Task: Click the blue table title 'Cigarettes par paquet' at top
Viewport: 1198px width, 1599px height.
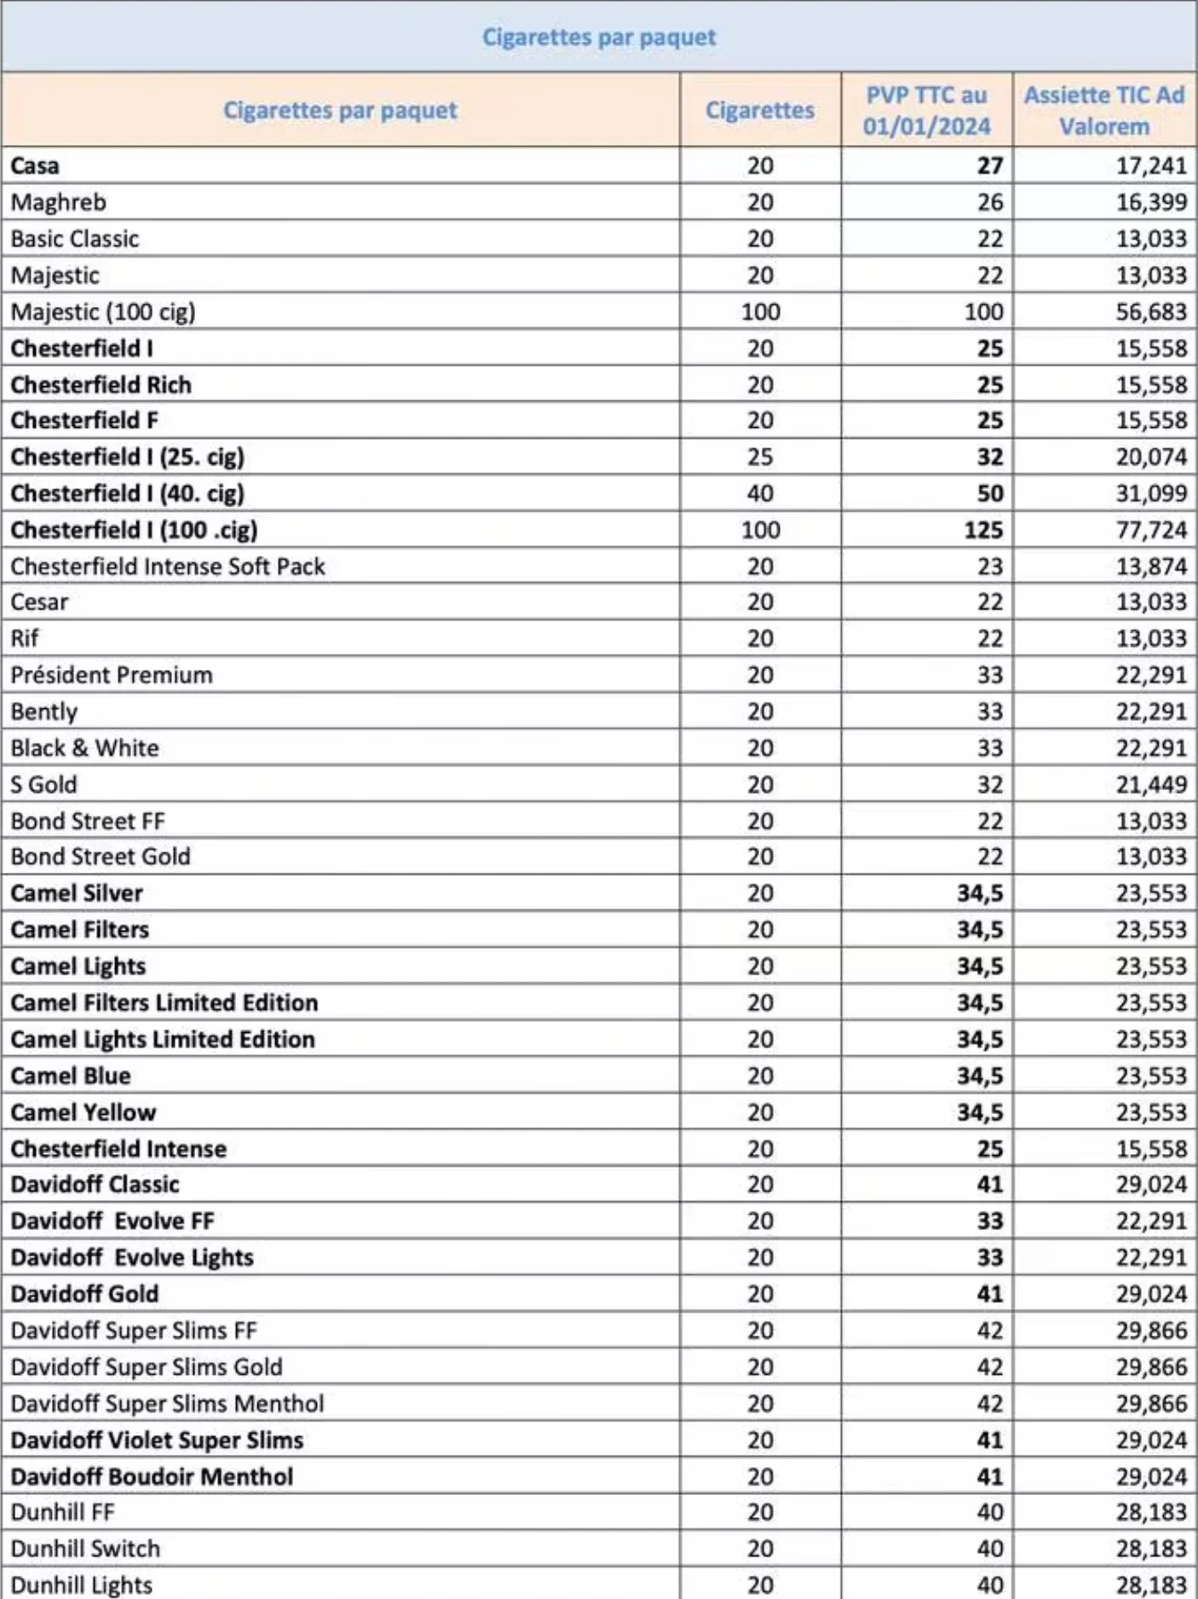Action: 599,37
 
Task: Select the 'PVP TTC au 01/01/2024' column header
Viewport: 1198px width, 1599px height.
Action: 926,111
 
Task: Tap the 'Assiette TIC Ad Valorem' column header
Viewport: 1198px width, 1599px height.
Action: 1104,111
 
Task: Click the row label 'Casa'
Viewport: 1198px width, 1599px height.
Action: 35,165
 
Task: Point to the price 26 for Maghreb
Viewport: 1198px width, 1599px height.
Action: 989,202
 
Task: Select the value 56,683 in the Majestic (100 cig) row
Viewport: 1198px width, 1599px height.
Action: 1151,312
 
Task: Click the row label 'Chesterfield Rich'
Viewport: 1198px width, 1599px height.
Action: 101,385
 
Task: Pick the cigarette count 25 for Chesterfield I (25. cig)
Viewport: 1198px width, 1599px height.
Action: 760,458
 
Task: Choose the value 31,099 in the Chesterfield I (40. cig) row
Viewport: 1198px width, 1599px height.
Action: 1151,494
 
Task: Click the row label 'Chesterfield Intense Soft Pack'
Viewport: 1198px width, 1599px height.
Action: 168,567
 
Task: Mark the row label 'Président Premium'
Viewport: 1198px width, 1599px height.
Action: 112,675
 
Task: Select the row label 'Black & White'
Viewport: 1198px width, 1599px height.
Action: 84,748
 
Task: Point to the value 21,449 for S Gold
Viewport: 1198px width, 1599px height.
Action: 1151,785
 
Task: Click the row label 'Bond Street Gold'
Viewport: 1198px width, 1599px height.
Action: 101,857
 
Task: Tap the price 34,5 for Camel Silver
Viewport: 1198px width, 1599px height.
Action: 979,893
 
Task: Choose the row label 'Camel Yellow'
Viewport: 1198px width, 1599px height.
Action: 84,1112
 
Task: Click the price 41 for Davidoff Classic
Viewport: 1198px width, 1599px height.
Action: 989,1185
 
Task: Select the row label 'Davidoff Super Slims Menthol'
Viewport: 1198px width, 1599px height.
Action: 167,1404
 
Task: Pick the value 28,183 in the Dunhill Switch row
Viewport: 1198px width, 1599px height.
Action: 1151,1549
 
